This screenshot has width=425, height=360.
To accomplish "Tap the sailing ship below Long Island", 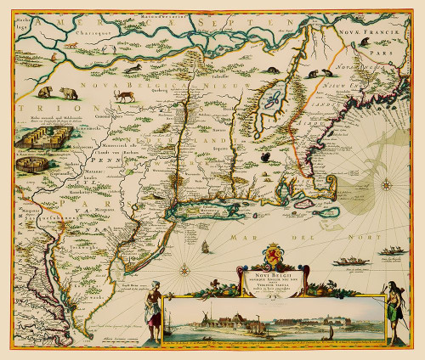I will coord(205,246).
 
